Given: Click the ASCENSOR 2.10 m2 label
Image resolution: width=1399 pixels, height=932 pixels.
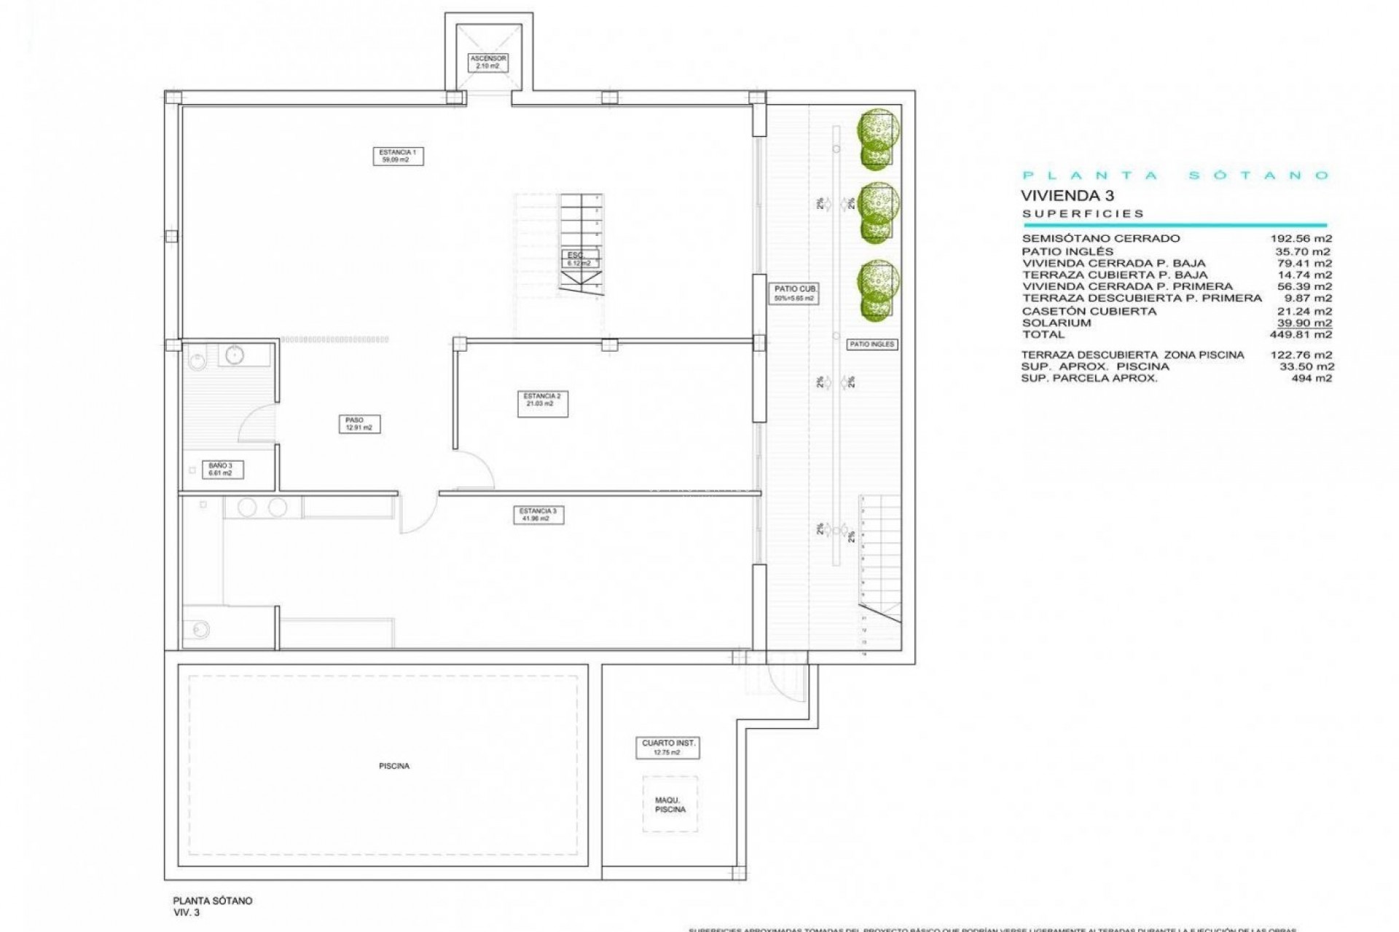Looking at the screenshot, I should pos(487,62).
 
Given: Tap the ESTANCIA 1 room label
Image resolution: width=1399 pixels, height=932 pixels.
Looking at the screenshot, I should pos(398,156).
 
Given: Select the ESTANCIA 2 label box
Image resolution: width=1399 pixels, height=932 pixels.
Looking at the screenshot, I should pos(542,404).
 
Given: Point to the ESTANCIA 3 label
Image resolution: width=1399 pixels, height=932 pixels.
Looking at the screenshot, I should pos(538,515).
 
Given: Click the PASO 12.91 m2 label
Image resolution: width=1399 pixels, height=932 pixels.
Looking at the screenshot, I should pos(358,424).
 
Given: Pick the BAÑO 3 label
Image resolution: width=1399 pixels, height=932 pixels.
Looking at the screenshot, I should pos(221,470).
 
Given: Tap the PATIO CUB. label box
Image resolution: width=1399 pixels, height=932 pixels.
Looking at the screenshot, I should pos(795,293).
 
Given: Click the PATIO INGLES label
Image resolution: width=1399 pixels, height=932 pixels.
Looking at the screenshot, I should pos(871,344).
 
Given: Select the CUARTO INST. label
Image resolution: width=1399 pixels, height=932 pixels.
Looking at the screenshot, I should pos(668,747).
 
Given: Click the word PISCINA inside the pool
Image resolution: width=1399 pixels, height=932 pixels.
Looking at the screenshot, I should pos(393,766).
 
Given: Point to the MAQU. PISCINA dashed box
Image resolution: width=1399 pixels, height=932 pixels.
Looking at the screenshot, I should pos(670,805).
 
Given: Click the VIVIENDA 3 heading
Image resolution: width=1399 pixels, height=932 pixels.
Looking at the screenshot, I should pos(1067,195).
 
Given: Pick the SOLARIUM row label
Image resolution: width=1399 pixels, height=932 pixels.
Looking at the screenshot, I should pos(1056,323).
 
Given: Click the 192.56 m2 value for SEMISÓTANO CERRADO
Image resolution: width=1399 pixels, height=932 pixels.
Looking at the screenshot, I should pos(1301,238).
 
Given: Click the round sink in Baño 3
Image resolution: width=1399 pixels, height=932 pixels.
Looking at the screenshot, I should pos(235,355).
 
